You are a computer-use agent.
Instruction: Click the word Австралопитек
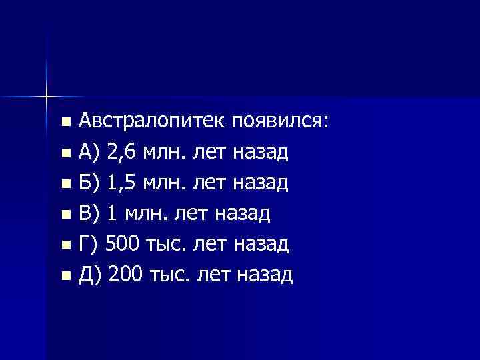(x=153, y=123)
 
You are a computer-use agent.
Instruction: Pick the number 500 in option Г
(x=123, y=244)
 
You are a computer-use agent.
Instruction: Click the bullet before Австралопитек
(x=65, y=123)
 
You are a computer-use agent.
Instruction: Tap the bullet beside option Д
(x=65, y=275)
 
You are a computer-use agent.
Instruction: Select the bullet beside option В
(x=65, y=215)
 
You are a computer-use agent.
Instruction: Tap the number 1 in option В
(x=111, y=213)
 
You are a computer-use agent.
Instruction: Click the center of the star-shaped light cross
(x=47, y=97)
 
